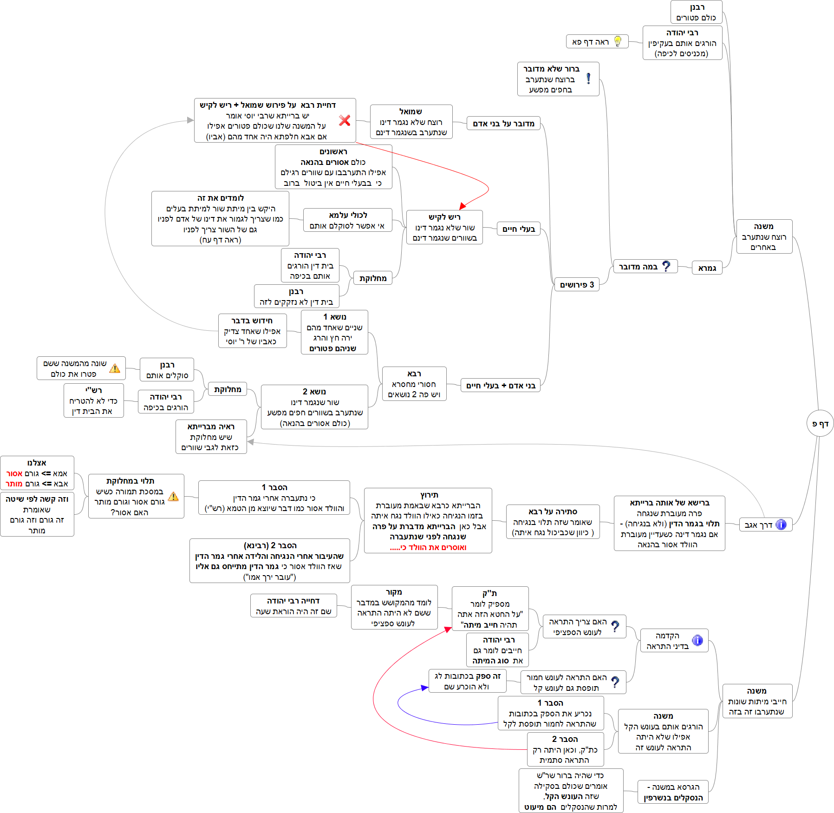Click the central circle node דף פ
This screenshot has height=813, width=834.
pos(820,423)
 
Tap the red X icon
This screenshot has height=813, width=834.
pos(345,120)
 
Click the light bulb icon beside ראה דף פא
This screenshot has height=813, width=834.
pos(618,41)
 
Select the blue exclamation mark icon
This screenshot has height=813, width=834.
pos(588,79)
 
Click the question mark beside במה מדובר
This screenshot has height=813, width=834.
pos(666,266)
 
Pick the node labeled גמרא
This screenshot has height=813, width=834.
pos(707,268)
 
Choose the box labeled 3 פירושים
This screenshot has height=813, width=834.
pos(577,284)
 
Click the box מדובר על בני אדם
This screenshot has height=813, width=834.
pos(503,123)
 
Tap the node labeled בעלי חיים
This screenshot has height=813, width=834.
pos(518,229)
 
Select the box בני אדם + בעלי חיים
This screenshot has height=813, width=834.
pos(501,385)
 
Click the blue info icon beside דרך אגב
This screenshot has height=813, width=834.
pos(782,525)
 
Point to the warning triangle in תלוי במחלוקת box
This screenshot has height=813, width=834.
pos(173,496)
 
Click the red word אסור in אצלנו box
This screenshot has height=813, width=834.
pos(14,473)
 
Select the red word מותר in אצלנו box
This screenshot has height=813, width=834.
pos(14,484)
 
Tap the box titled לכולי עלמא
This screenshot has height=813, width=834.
pos(347,220)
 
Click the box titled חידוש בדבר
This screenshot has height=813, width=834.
pos(252,330)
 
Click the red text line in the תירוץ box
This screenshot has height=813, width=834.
pos(428,547)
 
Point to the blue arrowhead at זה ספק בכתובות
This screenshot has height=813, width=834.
pos(424,688)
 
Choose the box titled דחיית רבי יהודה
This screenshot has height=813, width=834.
pos(293,606)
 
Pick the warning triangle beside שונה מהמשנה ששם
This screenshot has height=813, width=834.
pos(115,368)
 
